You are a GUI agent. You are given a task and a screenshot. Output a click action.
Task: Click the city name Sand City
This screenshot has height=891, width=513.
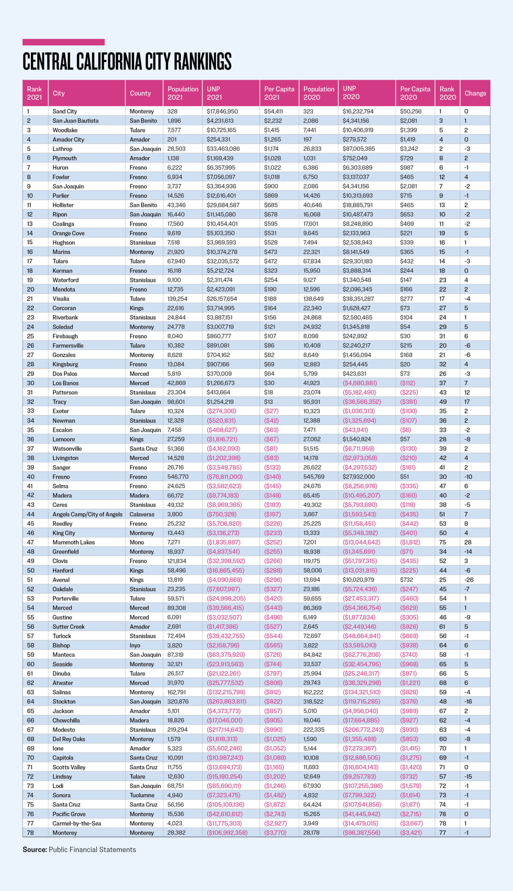(65, 111)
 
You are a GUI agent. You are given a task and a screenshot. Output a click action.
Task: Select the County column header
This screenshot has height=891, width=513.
(140, 93)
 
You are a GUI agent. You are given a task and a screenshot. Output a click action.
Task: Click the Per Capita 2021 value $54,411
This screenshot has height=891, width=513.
(274, 111)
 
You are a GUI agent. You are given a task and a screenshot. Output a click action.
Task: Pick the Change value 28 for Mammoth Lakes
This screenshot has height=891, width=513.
(468, 542)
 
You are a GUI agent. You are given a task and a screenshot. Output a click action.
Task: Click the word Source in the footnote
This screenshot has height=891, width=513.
(35, 850)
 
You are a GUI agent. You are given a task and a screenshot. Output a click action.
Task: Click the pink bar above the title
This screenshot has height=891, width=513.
(63, 42)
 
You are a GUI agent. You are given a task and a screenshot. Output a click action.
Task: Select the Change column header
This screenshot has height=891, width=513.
(475, 93)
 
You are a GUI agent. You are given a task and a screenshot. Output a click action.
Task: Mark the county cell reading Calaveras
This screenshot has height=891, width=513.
(142, 514)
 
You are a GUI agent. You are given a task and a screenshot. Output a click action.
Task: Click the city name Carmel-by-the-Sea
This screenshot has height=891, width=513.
(77, 823)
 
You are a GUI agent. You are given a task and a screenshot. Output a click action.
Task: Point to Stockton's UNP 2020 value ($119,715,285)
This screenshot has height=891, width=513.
(361, 702)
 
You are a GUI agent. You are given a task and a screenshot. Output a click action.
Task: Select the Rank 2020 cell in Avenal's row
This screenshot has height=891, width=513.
(442, 580)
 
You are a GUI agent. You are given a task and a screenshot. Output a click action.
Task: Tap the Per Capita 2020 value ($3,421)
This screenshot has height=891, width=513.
(411, 833)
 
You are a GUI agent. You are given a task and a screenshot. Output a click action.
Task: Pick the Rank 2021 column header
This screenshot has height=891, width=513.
(35, 93)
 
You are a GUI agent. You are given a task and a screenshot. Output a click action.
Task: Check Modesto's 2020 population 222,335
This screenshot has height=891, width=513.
(314, 730)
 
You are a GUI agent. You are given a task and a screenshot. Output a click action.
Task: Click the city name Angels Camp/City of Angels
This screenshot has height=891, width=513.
(87, 514)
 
